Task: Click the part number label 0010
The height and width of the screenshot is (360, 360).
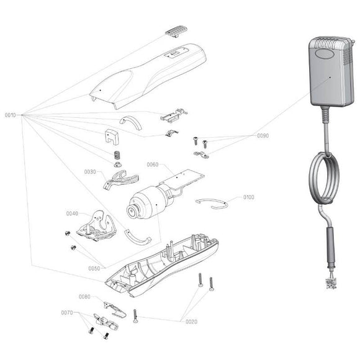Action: [x=11, y=115]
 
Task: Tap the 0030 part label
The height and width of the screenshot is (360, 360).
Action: [x=90, y=171]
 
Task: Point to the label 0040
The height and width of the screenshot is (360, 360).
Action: [x=72, y=214]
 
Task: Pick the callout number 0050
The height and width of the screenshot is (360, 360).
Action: [x=94, y=268]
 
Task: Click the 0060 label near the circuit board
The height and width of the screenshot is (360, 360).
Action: [x=153, y=164]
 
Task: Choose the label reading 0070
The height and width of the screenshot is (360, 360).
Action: [x=67, y=313]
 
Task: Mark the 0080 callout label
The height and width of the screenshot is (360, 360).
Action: [x=85, y=297]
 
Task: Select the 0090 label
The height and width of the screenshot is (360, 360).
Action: [x=264, y=135]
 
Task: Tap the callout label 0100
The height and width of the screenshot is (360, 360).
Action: [x=248, y=197]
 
